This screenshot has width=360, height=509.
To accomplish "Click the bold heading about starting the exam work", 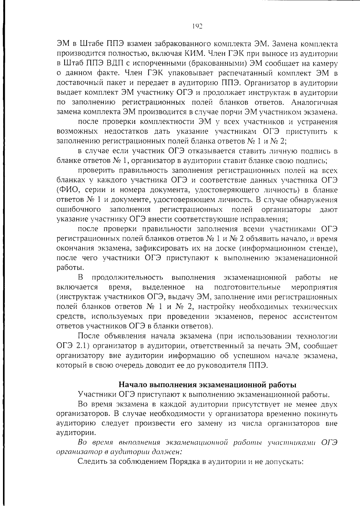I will point(208,384).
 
